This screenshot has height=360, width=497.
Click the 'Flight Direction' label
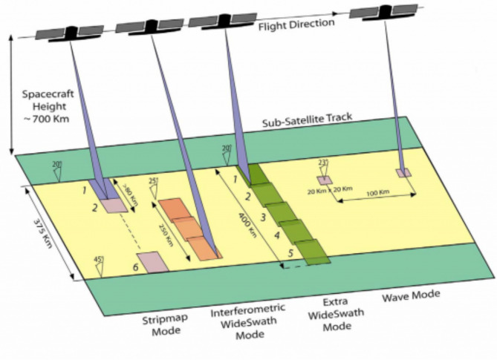pyautogui.click(x=295, y=24)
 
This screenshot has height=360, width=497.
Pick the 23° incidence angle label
pyautogui.click(x=322, y=164)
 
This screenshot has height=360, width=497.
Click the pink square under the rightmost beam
pyautogui.click(x=403, y=173)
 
